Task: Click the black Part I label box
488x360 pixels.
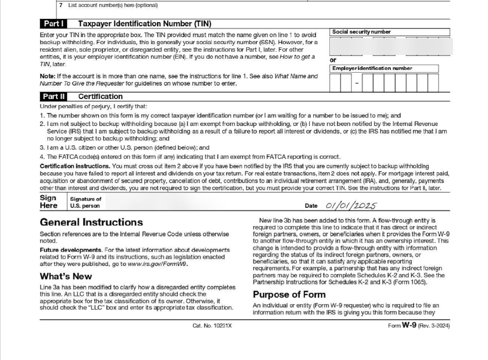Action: click(55, 24)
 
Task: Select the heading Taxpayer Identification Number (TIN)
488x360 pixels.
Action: click(145, 24)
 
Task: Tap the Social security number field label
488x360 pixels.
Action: click(362, 32)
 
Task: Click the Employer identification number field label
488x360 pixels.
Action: click(372, 68)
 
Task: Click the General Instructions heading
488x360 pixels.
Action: click(91, 222)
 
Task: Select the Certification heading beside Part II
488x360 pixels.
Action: click(101, 96)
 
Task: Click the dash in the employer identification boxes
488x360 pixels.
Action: click(356, 83)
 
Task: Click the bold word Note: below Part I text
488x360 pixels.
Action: click(48, 76)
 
